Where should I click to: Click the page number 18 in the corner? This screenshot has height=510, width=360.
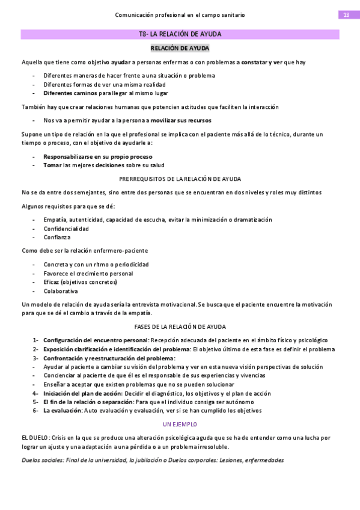click(346, 14)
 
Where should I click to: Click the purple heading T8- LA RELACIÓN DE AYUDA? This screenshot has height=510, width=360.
click(180, 34)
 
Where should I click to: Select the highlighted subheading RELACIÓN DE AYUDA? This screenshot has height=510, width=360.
click(180, 48)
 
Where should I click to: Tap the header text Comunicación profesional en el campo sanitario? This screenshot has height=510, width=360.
click(180, 14)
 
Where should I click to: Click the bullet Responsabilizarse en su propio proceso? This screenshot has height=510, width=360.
click(97, 156)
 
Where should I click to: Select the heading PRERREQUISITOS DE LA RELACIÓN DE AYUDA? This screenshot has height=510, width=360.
click(180, 179)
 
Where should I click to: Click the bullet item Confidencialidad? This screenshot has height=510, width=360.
click(66, 229)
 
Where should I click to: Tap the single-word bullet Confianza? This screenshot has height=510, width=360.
click(56, 237)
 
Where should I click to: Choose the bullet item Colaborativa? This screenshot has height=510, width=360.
click(60, 291)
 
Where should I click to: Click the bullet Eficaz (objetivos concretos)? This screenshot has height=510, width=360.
click(80, 282)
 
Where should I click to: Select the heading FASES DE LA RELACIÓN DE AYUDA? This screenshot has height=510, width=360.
click(180, 327)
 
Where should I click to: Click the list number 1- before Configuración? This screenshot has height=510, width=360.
click(35, 340)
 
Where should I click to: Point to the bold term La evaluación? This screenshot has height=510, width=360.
click(63, 411)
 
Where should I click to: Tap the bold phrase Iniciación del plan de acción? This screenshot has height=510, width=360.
click(82, 393)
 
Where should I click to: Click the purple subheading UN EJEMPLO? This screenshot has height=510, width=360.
click(180, 425)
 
